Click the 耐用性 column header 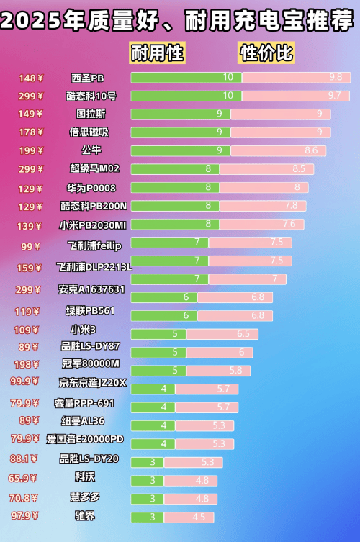click(157, 53)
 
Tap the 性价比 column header click(267, 53)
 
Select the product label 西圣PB click(88, 78)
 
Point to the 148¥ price click(31, 78)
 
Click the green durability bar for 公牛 click(181, 150)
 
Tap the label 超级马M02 click(94, 169)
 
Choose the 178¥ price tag click(31, 132)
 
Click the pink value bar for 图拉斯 click(280, 114)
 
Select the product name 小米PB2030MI click(92, 225)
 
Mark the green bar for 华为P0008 click(175, 187)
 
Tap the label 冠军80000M click(90, 363)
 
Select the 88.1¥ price click(24, 459)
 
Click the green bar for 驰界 click(147, 517)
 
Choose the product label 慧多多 click(84, 497)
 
